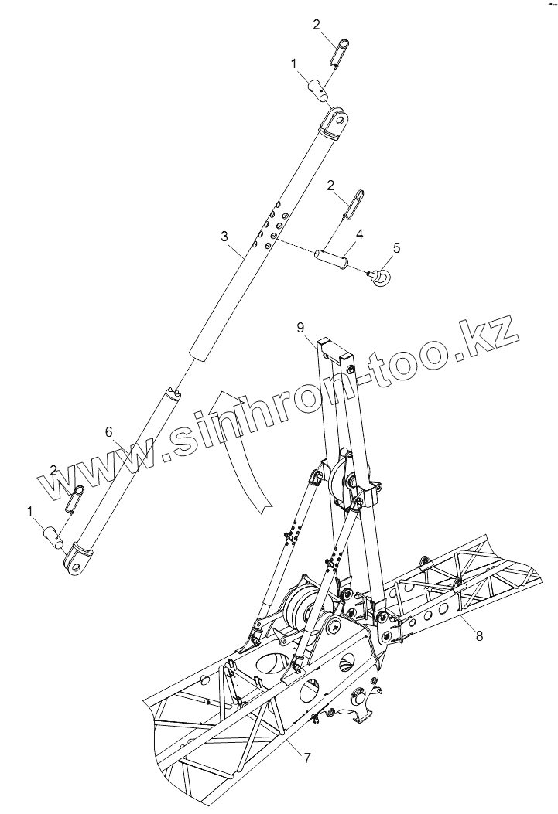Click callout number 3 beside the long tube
(x=224, y=233)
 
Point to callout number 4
(x=359, y=232)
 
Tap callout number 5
(x=397, y=247)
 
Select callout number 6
(x=109, y=431)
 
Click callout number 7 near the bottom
(x=307, y=758)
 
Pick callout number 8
(x=479, y=636)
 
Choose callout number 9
(x=300, y=327)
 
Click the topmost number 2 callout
(x=317, y=25)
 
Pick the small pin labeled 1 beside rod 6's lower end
(x=52, y=535)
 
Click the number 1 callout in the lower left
(x=30, y=511)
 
